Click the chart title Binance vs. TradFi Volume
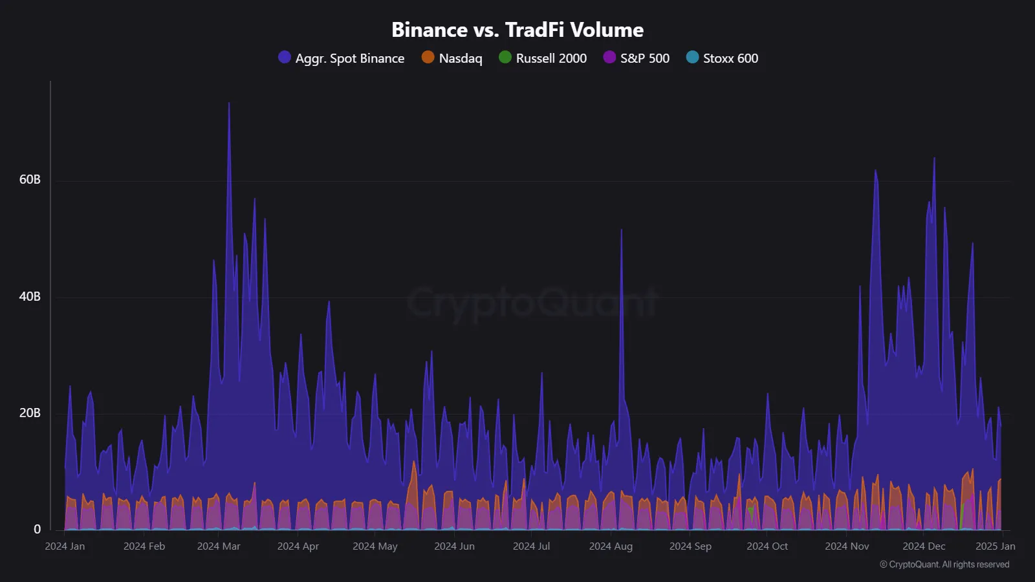pyautogui.click(x=517, y=30)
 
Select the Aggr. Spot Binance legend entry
pyautogui.click(x=342, y=58)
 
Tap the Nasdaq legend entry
pyautogui.click(x=452, y=58)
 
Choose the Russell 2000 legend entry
pyautogui.click(x=543, y=58)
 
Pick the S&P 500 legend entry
pyautogui.click(x=637, y=58)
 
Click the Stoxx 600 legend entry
pyautogui.click(x=722, y=58)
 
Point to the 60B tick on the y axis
pyautogui.click(x=30, y=180)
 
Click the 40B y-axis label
pyautogui.click(x=30, y=297)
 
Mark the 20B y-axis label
pyautogui.click(x=30, y=413)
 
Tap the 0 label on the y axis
pyautogui.click(x=37, y=530)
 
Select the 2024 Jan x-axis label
pyautogui.click(x=65, y=546)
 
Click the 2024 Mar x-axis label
pyautogui.click(x=219, y=546)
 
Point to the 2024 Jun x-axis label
pyautogui.click(x=454, y=546)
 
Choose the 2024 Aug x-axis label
pyautogui.click(x=611, y=546)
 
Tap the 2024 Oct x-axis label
pyautogui.click(x=767, y=546)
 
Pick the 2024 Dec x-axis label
pyautogui.click(x=924, y=546)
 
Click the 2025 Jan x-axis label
pyautogui.click(x=995, y=546)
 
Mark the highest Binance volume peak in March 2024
pyautogui.click(x=229, y=103)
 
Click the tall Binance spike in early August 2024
pyautogui.click(x=622, y=231)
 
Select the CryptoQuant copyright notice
pyautogui.click(x=944, y=565)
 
